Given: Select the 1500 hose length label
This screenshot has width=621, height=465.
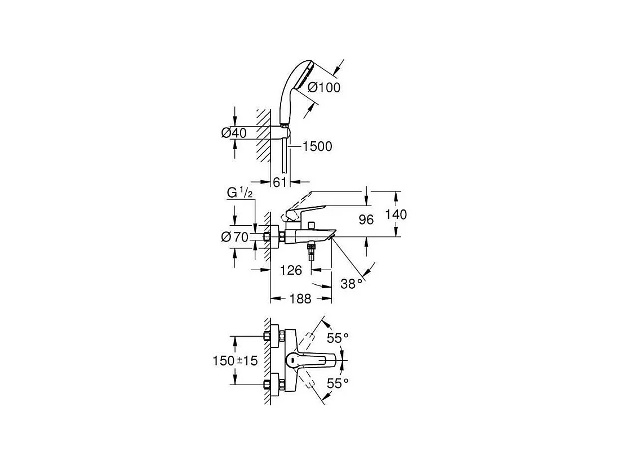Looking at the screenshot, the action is (317, 147).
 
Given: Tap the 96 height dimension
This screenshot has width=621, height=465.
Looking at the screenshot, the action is (366, 220).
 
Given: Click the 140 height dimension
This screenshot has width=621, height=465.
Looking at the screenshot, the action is (396, 214).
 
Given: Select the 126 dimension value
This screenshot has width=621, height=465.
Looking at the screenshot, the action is (291, 270).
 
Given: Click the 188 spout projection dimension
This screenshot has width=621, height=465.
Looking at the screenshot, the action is (300, 299).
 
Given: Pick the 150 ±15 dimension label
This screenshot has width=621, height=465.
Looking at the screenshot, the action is (236, 361).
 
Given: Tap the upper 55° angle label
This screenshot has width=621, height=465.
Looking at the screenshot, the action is (338, 338).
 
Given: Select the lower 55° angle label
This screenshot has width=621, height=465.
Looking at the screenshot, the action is (338, 383).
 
